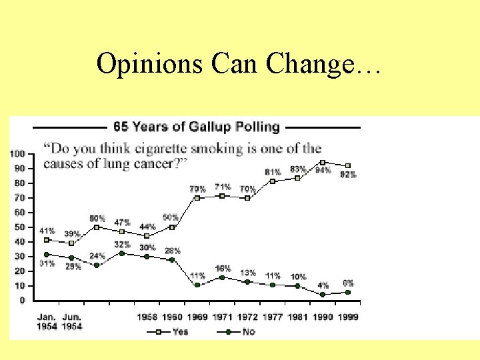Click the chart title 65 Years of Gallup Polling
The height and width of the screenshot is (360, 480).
[x=197, y=126]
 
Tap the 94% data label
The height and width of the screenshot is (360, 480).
[x=323, y=171]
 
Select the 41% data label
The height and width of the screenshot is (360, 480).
[x=47, y=231]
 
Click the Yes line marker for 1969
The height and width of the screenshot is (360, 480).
[x=197, y=198]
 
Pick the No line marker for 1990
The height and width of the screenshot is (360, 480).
[x=323, y=294]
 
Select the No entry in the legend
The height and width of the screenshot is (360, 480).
[x=238, y=331]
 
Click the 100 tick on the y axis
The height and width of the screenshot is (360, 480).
[x=17, y=154]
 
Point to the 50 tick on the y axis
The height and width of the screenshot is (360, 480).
[x=19, y=227]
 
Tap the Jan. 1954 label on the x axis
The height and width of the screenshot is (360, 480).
[x=47, y=321]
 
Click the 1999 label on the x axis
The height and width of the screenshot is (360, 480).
[x=348, y=317]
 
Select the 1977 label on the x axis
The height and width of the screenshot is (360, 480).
[x=272, y=317]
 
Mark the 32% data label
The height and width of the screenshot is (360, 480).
[x=122, y=245]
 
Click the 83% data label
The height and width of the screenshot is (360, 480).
[x=298, y=169]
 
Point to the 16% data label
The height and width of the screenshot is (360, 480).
[x=223, y=269]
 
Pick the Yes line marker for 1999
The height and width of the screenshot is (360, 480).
[x=348, y=166]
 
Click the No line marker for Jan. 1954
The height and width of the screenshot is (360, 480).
[x=46, y=255]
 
